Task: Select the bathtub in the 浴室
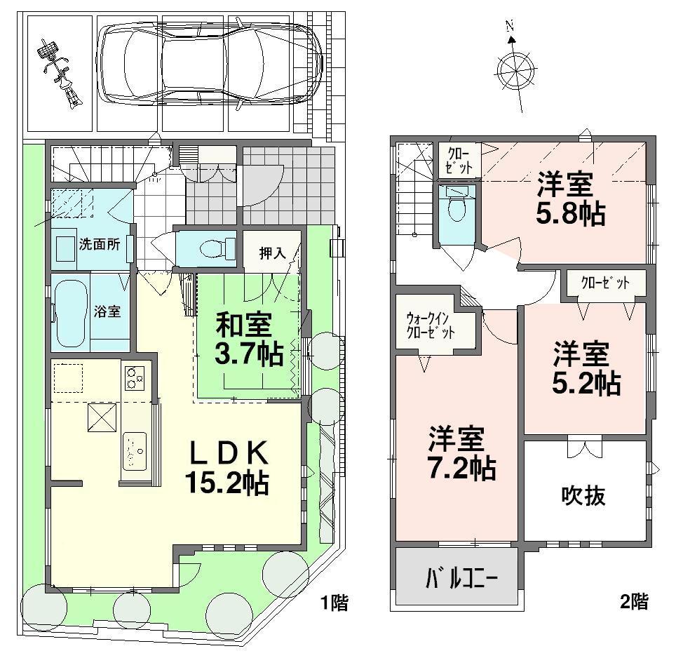pos(71,314)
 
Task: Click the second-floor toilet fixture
pos(456,204)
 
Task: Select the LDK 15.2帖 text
pos(227,470)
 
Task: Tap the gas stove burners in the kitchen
pos(135,378)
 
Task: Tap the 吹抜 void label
pos(583,497)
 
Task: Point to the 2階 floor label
pos(633,601)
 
